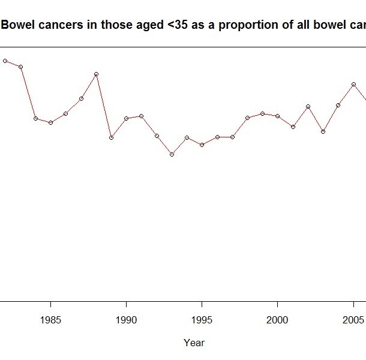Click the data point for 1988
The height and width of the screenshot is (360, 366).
pos(96,74)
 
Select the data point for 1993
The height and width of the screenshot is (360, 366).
pos(172,154)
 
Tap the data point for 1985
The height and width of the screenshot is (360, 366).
pos(51,122)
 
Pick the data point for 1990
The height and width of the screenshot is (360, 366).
pos(126,118)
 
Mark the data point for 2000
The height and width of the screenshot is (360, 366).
pos(277,116)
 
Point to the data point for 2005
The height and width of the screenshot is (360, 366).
pos(354,85)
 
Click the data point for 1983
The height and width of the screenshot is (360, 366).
pos(20,67)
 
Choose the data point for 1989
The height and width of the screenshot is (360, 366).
pos(111,137)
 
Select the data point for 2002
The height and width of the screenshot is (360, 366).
pos(308,106)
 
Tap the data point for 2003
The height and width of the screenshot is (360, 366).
pos(323,131)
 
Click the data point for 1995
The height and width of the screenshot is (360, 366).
pos(202,145)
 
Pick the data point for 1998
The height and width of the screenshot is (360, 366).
pos(247,118)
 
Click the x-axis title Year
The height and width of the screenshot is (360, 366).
pos(194,343)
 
